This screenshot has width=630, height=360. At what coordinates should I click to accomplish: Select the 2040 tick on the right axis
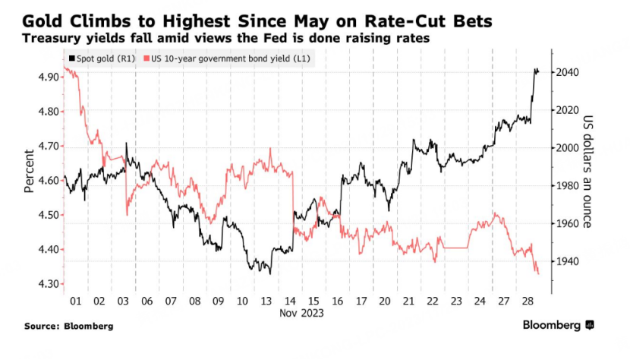coord(566,73)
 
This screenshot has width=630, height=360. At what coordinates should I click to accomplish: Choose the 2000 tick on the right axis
coord(566,148)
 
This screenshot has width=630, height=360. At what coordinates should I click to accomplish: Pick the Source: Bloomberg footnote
coord(69,326)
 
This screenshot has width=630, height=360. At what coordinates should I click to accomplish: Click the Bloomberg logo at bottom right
coord(558,325)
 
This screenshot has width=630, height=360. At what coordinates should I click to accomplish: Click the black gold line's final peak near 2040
coord(537,70)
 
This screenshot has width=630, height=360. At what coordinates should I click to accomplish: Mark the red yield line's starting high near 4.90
coord(66,68)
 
